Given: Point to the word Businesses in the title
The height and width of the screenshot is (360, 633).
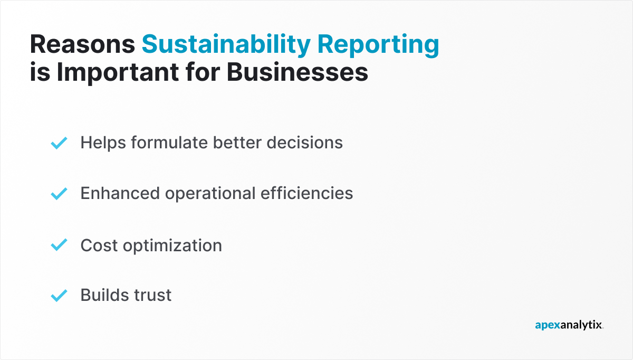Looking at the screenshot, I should tap(298, 72).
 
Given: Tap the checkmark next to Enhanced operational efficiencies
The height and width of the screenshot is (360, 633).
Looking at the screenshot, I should tap(59, 194).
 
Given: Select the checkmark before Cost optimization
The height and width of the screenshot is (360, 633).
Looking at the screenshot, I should tap(59, 245).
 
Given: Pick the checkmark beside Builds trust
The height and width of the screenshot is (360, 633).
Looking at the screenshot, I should tap(59, 295).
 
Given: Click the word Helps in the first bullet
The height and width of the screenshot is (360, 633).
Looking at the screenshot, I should tap(103, 143).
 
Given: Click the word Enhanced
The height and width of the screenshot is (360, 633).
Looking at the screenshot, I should tap(120, 193).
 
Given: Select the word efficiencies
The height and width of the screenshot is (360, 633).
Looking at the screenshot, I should tap(307, 193).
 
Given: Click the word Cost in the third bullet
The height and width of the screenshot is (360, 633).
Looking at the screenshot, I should tap(98, 245).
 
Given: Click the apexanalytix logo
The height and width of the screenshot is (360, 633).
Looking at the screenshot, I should tap(569, 326).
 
